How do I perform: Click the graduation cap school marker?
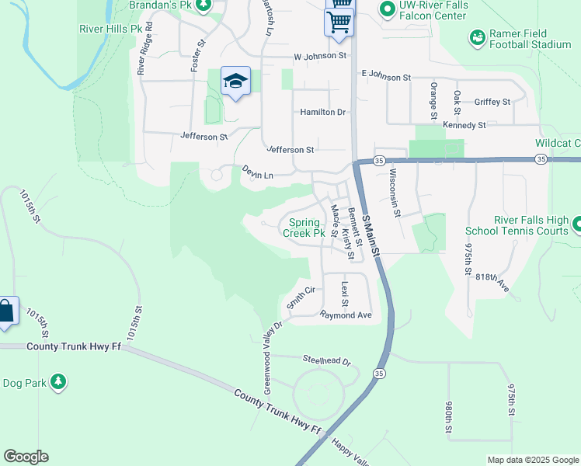235,82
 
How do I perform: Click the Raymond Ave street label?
346,315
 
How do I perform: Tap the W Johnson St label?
320,56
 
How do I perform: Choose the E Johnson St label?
386,77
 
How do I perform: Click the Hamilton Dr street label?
323,112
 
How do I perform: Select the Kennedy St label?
464,124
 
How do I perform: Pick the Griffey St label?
492,102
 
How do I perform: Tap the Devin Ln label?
257,172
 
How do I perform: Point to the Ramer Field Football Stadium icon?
477,37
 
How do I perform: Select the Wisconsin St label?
395,192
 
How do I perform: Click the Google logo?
26,457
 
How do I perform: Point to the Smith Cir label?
301,297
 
